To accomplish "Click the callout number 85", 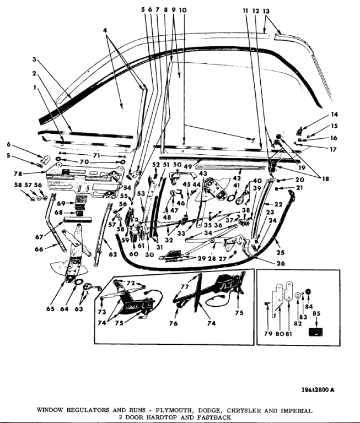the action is coord(316,313).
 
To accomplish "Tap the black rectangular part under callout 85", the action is coord(316,332).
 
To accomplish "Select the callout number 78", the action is coord(18,174).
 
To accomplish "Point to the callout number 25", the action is coord(281,252).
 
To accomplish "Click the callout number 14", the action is coord(334,115).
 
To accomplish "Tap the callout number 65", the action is coord(50,308).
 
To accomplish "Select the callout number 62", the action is coord(113,254).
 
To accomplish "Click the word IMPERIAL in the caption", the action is coord(297,411).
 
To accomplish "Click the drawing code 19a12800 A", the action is coord(318,389).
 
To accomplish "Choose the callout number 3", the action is coord(34,59).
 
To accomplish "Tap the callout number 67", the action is coord(39,237).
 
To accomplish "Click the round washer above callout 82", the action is coord(297,295).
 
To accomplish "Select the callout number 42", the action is coord(237,178).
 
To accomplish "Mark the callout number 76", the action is coord(173,323).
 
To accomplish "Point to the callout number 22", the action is coord(278,204).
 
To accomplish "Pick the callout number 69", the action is coord(61,203).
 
